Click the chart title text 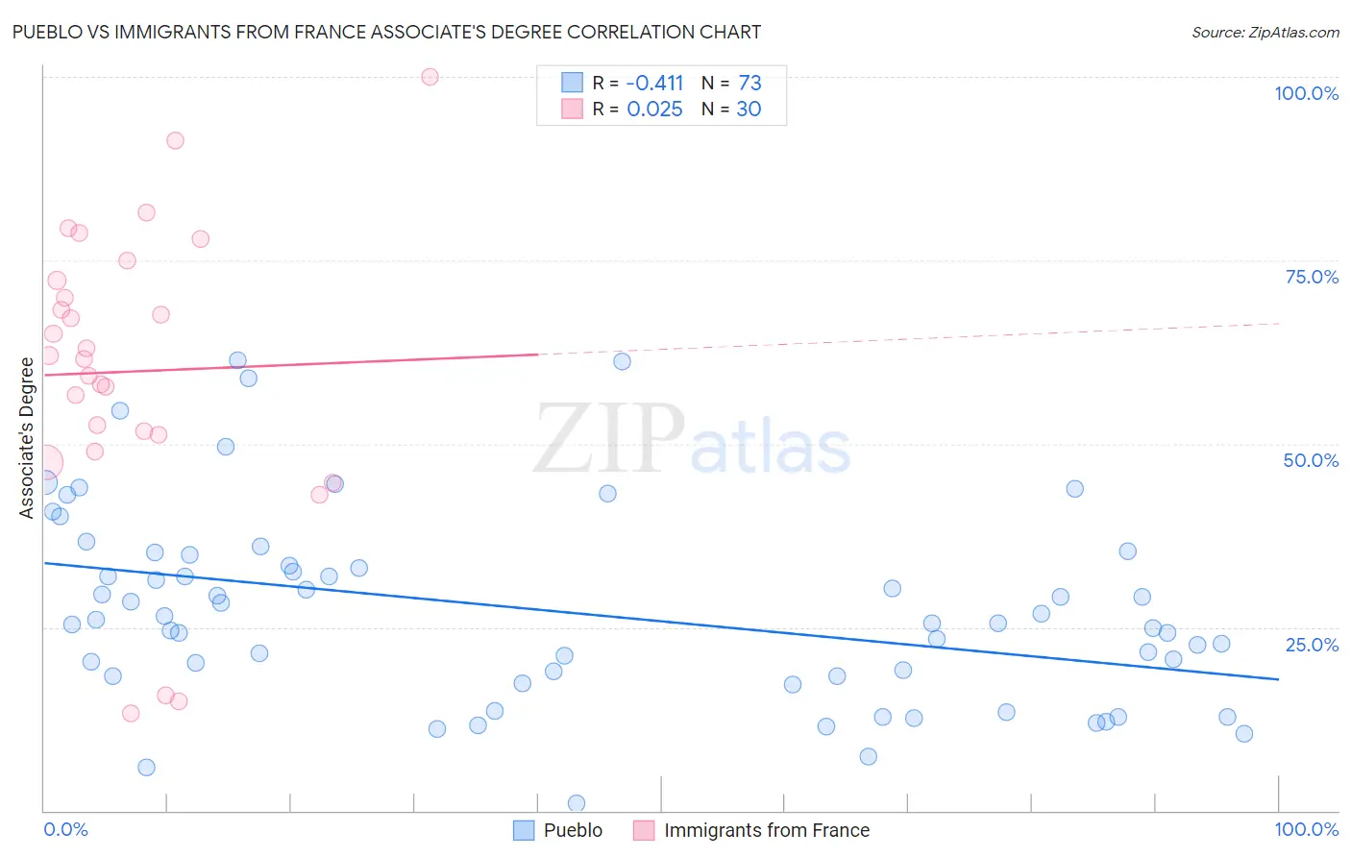click(x=386, y=33)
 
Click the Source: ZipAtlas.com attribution click(x=1265, y=33)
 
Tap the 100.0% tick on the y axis click(x=1306, y=93)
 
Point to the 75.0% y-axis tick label click(x=1312, y=277)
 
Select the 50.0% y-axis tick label click(x=1311, y=460)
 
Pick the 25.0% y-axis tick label click(x=1312, y=645)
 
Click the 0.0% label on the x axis click(x=65, y=829)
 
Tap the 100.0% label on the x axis click(x=1306, y=829)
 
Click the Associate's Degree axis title click(x=27, y=438)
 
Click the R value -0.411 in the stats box click(x=654, y=84)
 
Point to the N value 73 click(x=749, y=84)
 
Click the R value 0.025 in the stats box click(x=654, y=110)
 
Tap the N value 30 click(x=749, y=110)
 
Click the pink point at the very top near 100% click(x=430, y=77)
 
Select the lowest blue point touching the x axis click(x=577, y=803)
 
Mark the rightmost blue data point click(x=1243, y=734)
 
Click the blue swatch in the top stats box click(x=573, y=83)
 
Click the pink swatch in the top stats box click(x=573, y=109)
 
